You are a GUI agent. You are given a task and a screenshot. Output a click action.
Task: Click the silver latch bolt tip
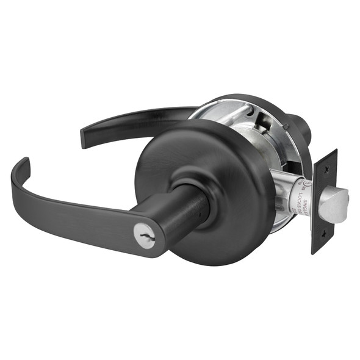[x=335, y=204]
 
